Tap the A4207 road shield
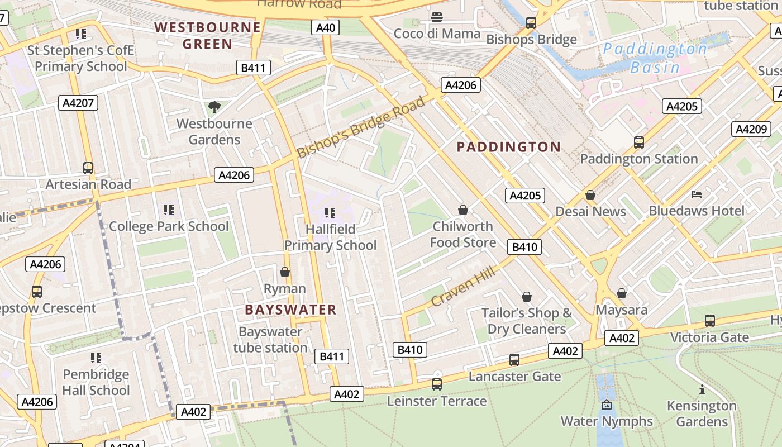[78, 103]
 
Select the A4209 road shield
[751, 129]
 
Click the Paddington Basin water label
[655, 58]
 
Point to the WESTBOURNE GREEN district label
[208, 35]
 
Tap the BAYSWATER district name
[290, 310]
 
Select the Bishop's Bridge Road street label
[361, 127]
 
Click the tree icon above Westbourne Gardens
[214, 107]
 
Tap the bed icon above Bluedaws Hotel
[697, 194]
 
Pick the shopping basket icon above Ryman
[285, 272]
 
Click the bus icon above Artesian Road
[88, 168]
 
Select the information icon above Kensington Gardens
[702, 389]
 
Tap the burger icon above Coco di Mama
[437, 17]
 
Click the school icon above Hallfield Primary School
[330, 212]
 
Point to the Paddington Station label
[639, 159]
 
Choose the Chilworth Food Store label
[463, 234]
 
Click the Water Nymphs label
[607, 421]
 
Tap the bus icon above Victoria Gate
[709, 321]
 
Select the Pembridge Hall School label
[96, 382]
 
